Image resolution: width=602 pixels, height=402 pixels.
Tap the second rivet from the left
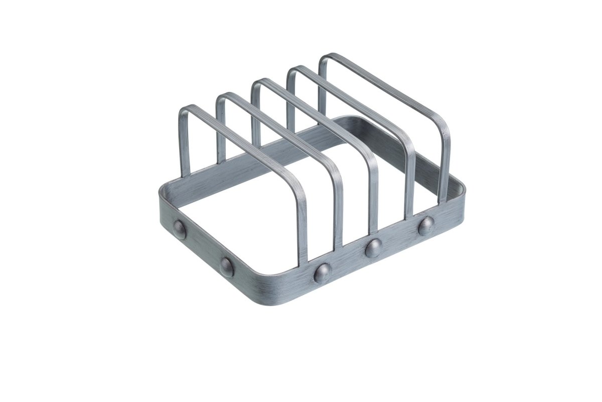pos(226,267)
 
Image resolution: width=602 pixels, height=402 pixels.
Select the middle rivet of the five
pos(322,272)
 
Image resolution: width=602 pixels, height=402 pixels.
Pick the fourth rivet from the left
pos(374,248)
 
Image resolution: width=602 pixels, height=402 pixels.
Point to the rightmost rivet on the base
pos(426,225)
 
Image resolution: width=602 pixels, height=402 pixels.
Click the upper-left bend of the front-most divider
pos(184,109)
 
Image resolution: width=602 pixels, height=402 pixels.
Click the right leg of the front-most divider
pos(302,231)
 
